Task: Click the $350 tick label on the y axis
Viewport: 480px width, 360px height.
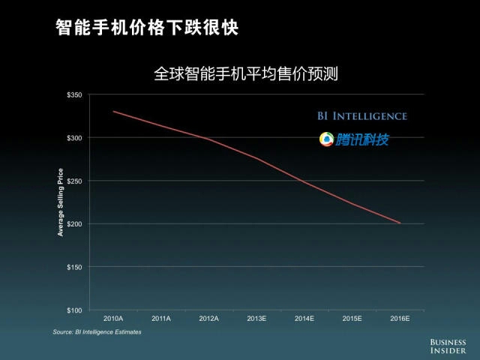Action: pos(74,94)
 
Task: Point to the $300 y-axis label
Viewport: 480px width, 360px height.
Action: pos(74,138)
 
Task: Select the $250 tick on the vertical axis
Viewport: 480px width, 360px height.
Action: pos(74,181)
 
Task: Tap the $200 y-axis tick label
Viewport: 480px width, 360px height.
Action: pos(74,223)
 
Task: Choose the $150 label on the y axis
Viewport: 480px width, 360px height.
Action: pos(74,267)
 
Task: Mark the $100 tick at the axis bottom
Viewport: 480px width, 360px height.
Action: pos(74,310)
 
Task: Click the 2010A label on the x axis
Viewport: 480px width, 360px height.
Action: pos(113,319)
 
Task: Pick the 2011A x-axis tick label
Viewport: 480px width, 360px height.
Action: pos(161,319)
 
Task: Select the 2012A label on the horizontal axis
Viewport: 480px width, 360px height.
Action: pos(208,319)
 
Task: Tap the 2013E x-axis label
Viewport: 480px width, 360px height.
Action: pos(256,319)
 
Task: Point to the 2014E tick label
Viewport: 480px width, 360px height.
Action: pos(304,319)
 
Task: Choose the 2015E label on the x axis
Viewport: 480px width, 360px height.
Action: pos(352,319)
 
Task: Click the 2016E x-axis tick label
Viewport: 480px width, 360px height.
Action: pos(400,319)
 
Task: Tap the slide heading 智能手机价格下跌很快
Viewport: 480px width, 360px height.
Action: pos(147,28)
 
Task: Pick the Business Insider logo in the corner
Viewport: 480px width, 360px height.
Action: pos(448,346)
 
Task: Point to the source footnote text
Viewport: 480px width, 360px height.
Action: pos(97,331)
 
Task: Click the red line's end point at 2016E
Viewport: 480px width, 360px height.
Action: pos(400,223)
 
